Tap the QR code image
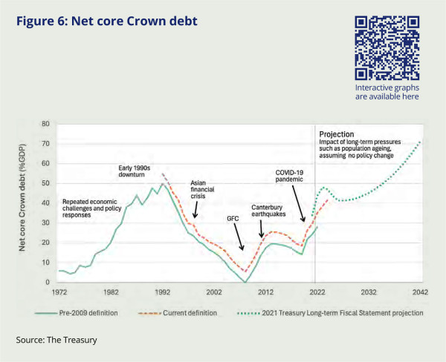click(x=387, y=47)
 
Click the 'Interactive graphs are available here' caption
click(x=387, y=92)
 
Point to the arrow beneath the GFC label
click(x=239, y=239)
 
